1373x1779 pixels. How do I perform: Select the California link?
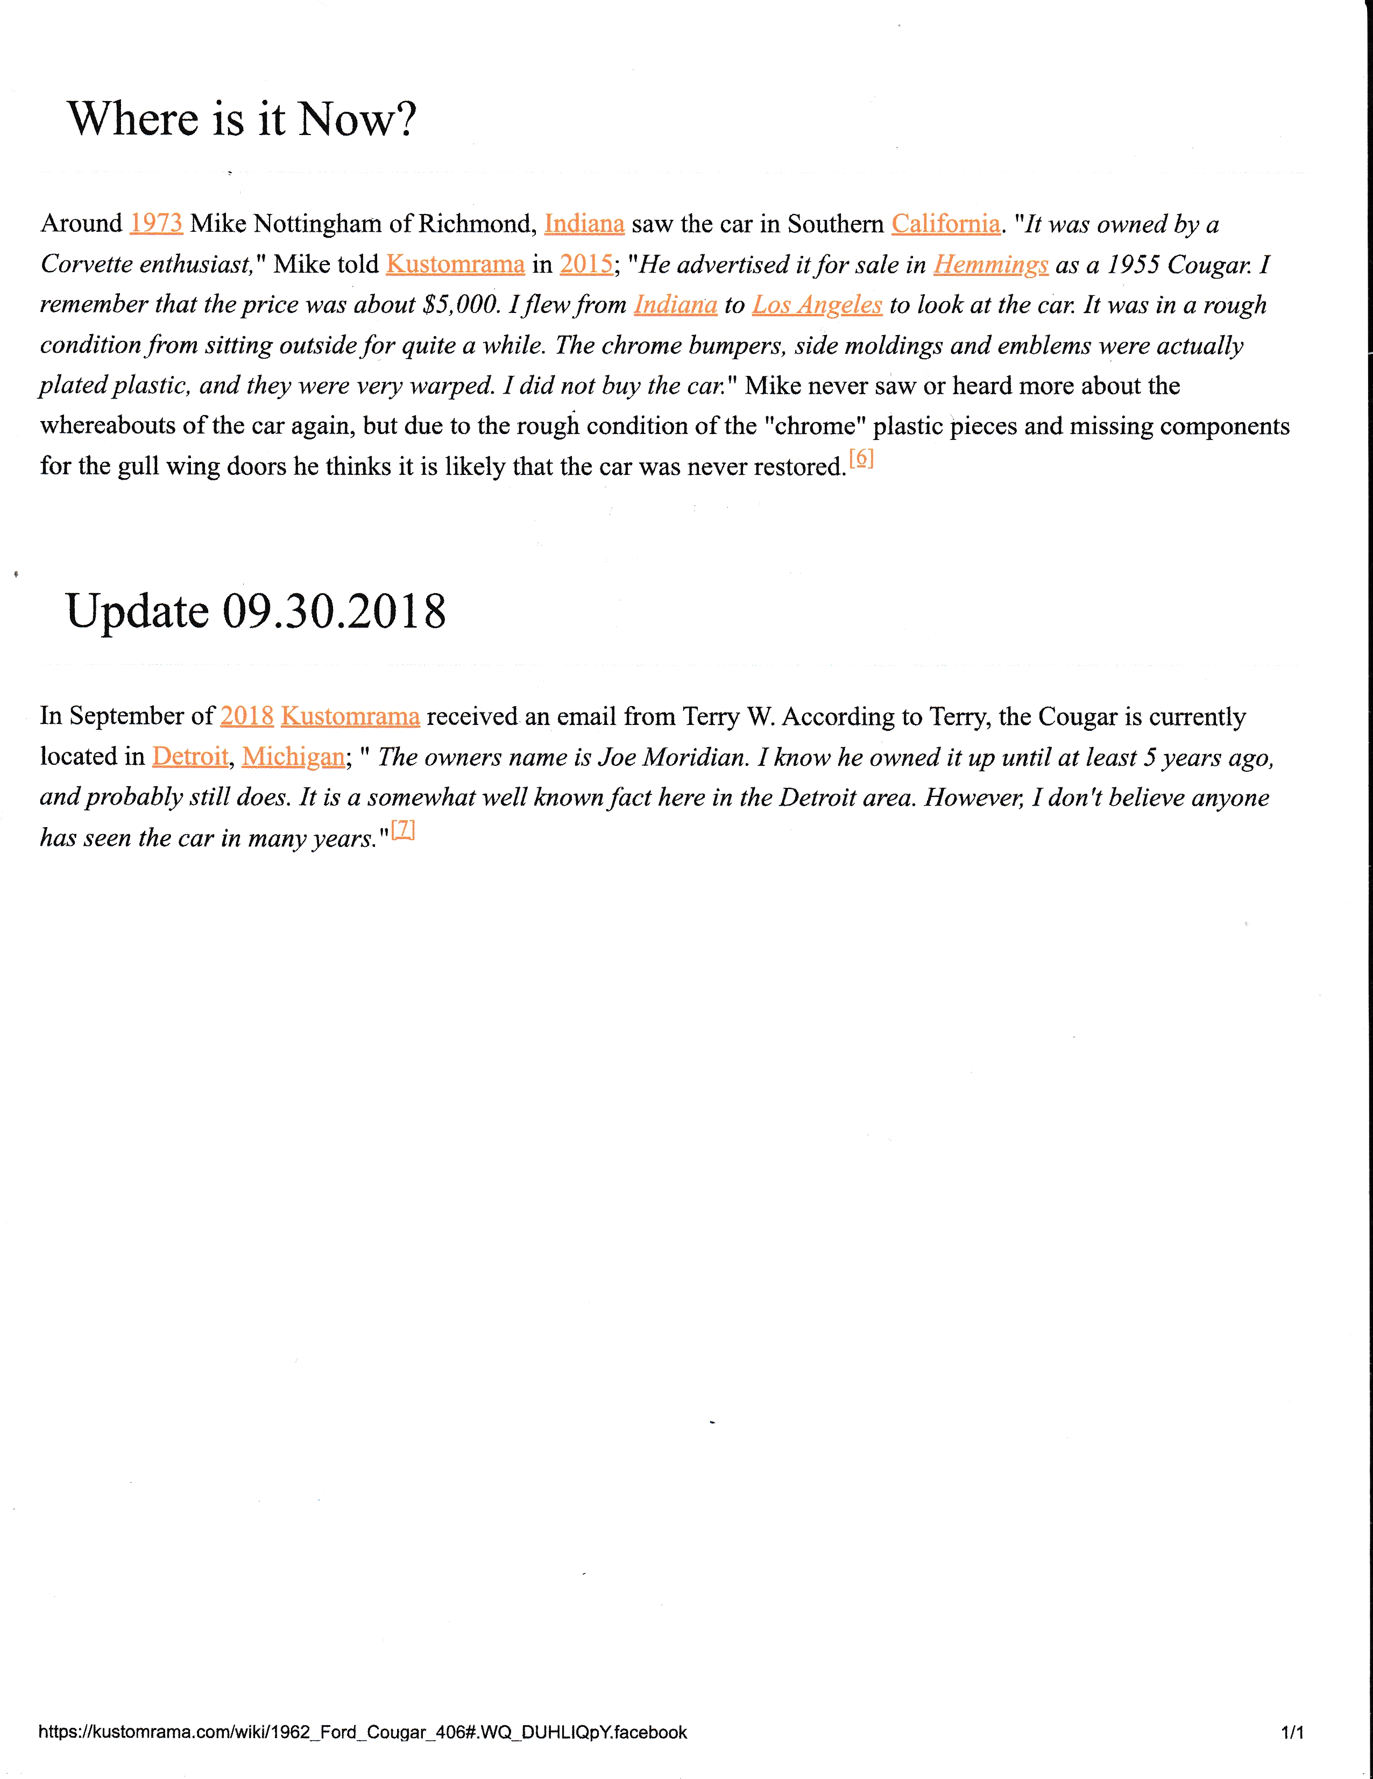coord(945,223)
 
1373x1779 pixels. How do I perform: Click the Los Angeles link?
coord(817,304)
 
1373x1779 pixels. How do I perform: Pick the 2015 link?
coord(586,264)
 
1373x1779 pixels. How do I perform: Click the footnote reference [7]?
coord(404,829)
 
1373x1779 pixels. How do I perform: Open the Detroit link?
coord(190,756)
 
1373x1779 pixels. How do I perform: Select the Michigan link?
coord(293,756)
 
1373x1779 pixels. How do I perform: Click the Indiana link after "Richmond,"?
coord(584,223)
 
